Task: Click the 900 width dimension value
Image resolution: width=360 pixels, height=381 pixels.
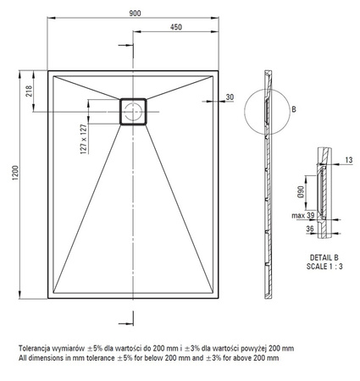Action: pyautogui.click(x=135, y=14)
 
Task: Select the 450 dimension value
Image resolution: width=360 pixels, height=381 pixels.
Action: pyautogui.click(x=176, y=27)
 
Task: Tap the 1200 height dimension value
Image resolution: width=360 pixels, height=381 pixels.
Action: pyautogui.click(x=15, y=173)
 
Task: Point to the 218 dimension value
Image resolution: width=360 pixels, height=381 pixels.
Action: pyautogui.click(x=29, y=91)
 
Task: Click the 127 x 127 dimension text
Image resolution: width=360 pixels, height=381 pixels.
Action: pyautogui.click(x=84, y=139)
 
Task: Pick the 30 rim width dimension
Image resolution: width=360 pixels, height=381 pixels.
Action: pyautogui.click(x=230, y=97)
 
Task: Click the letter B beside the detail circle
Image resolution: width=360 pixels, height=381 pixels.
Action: pyautogui.click(x=294, y=109)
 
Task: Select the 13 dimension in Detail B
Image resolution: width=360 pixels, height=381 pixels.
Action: pyautogui.click(x=349, y=160)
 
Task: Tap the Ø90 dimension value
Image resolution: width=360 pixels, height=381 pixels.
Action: pyautogui.click(x=301, y=191)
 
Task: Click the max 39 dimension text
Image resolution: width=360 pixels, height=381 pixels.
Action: pyautogui.click(x=303, y=215)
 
